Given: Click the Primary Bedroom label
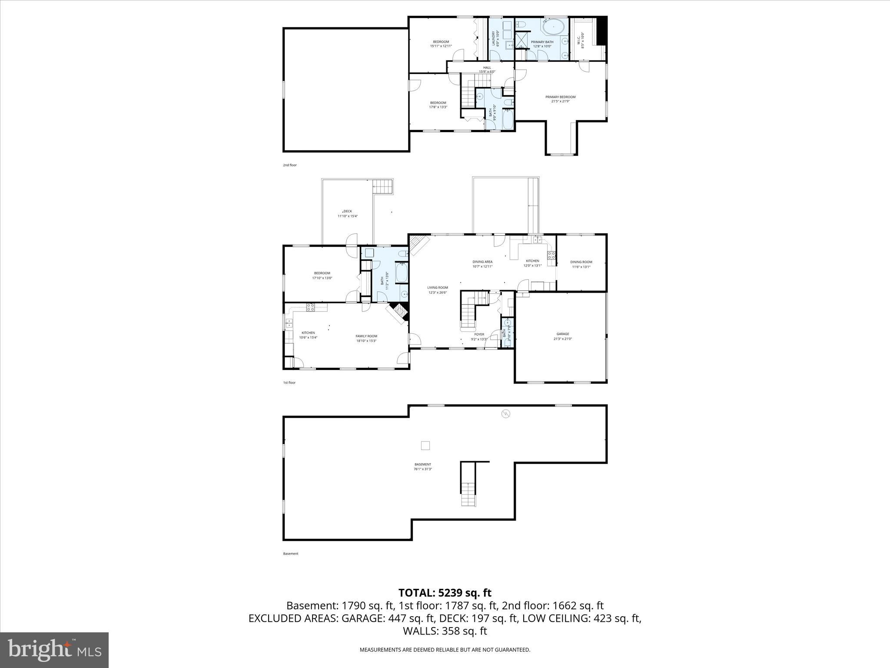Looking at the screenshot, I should tap(560, 99).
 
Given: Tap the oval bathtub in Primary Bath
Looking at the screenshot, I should tap(553, 27).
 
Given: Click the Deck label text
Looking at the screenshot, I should tap(347, 214).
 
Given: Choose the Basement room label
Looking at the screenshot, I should tap(422, 467).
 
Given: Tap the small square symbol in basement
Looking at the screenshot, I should tap(425, 445).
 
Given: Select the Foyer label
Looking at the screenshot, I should tap(479, 337).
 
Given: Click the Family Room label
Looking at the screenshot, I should tap(366, 338).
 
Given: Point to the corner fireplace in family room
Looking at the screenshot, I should tap(399, 311).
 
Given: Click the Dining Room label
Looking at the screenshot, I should tap(581, 264).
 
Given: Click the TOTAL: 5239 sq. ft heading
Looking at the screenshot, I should tap(445, 593).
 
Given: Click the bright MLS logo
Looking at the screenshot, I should tap(54, 650).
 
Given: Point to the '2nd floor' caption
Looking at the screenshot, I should tap(289, 165).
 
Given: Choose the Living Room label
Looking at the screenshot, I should tap(437, 290).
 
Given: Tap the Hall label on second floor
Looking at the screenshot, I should tap(487, 70).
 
